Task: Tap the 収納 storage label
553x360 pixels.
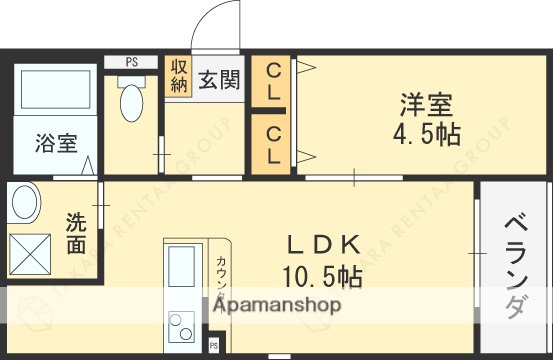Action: (178, 77)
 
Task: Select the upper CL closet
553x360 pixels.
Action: (273, 82)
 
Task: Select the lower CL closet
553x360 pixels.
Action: (273, 142)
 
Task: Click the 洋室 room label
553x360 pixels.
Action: (427, 105)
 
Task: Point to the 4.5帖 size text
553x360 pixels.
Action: (426, 134)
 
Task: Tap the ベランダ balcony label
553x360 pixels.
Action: (514, 265)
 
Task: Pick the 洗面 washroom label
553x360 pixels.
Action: (76, 232)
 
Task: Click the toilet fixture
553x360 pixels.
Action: (131, 100)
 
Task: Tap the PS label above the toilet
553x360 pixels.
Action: (131, 62)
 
